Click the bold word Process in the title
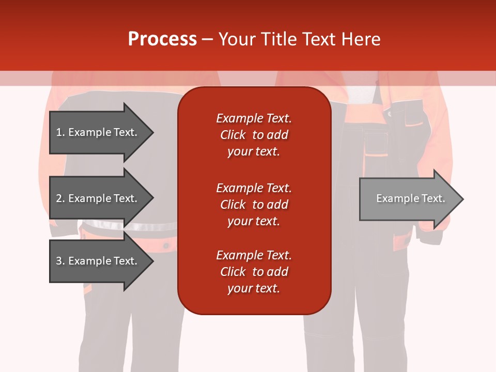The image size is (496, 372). [x=162, y=39]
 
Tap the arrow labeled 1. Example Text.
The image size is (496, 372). [x=98, y=132]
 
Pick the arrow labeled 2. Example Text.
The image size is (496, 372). [x=98, y=198]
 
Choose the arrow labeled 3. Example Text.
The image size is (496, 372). [x=98, y=261]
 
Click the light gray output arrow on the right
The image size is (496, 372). [x=408, y=199]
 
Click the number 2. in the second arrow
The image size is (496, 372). [x=60, y=198]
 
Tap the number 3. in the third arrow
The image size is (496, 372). [x=60, y=261]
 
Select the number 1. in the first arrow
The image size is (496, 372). [x=60, y=132]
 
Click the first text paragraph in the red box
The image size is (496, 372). [x=254, y=135]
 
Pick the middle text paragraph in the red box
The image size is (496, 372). [x=254, y=205]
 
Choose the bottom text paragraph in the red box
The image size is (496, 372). [x=254, y=272]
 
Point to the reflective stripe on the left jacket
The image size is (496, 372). [x=150, y=226]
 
